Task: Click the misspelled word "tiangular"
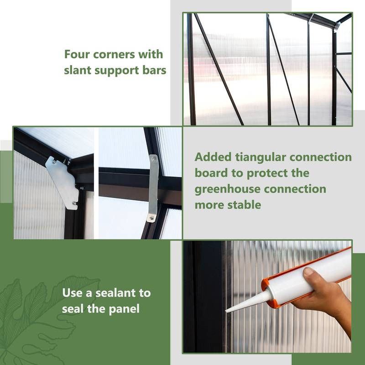click(x=261, y=157)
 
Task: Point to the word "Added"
click(x=213, y=157)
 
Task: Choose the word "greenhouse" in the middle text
click(x=227, y=189)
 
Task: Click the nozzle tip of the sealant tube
click(x=226, y=311)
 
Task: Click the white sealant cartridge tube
click(x=310, y=277)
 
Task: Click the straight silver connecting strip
click(x=153, y=188)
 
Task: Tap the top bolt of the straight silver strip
click(x=153, y=159)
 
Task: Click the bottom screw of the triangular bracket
click(x=74, y=203)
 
